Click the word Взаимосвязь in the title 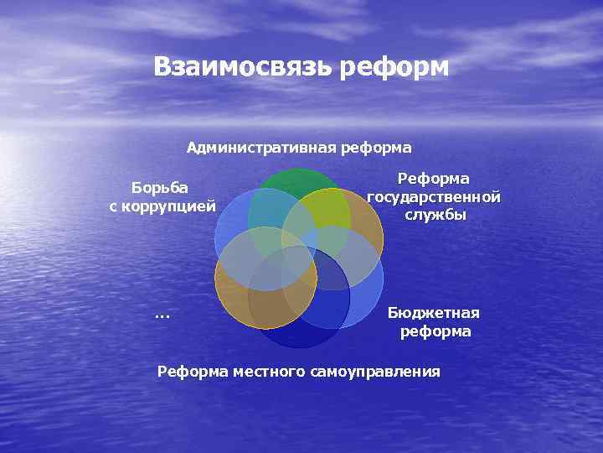[244, 67]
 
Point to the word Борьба [161, 186]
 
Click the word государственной [434, 197]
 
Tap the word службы [434, 215]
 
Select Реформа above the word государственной [434, 179]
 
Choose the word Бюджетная [434, 313]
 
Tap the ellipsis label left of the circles [162, 315]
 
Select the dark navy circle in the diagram [299, 331]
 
